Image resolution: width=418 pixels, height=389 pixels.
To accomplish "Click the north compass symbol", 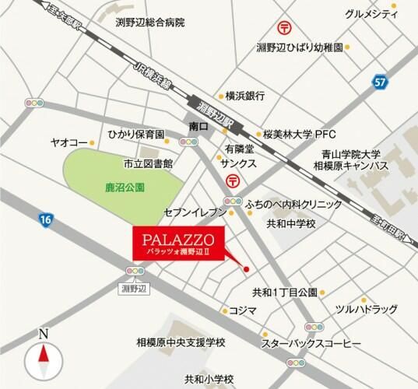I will coord(44,358).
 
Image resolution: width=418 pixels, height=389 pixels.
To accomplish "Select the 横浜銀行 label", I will coord(245,96).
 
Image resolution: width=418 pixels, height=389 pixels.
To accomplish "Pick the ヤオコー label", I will coord(68,143).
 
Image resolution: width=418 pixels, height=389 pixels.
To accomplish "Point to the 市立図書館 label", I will coord(147,165).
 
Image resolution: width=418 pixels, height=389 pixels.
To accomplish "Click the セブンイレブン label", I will coord(194,212).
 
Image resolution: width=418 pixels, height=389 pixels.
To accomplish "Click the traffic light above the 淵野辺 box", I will coord(134,270).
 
